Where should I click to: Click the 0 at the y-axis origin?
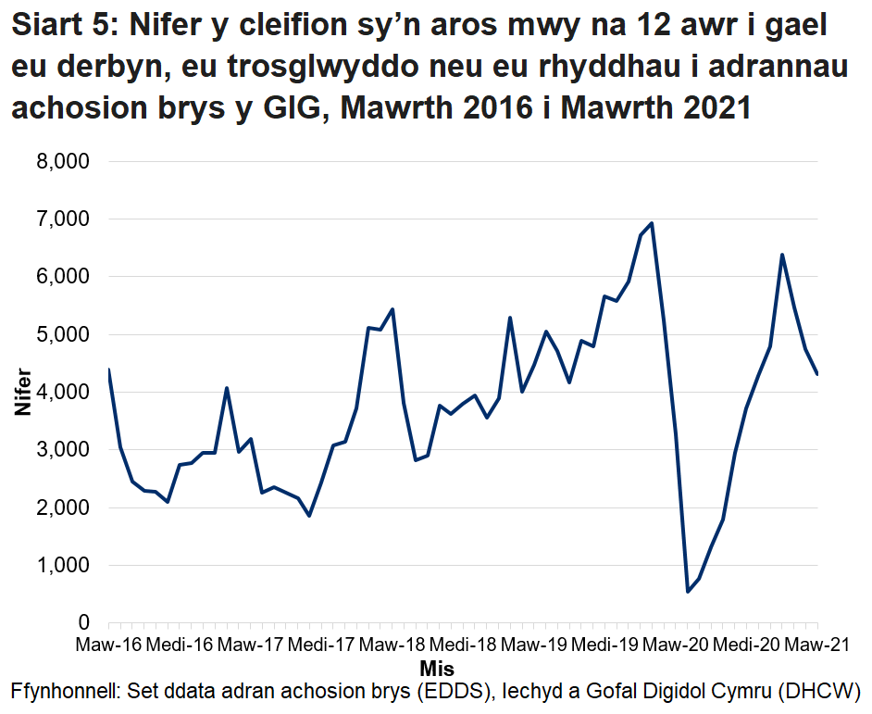coord(82,623)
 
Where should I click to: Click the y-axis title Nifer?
coord(22,393)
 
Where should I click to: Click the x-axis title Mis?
coord(436,668)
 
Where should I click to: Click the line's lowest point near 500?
coord(688,592)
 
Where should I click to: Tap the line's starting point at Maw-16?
coord(109,370)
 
